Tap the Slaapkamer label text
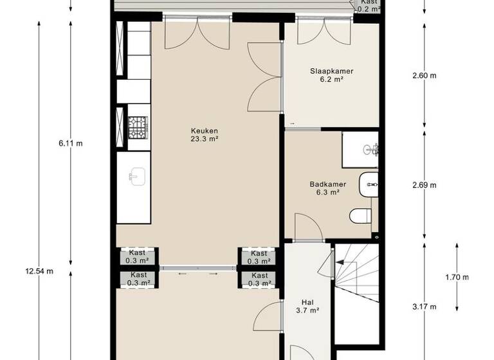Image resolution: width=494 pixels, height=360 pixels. coord(331,71)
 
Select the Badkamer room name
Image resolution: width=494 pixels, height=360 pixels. coord(327,184)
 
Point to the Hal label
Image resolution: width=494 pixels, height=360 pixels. coord(307,301)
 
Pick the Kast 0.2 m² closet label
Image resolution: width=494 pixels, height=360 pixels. coord(368,6)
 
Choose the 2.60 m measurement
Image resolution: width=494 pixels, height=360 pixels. coord(424,75)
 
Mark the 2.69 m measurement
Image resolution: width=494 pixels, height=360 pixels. coord(424,186)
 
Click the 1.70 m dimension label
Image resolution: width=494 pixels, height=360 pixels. coord(457,277)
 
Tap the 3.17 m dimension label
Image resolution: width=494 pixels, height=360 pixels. coord(424,306)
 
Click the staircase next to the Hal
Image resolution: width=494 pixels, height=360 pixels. coord(358,276)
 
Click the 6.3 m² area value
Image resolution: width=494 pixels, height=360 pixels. coord(327,192)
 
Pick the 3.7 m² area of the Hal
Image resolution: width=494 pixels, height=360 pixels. coord(307,310)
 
